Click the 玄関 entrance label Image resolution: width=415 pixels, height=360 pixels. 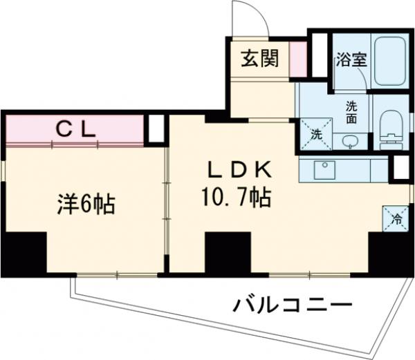pos(260,59)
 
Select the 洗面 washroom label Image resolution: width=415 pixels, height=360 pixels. pos(351,111)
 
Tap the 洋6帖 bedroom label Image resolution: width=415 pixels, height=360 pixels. pos(85,205)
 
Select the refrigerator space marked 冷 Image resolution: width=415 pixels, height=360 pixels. pos(396,219)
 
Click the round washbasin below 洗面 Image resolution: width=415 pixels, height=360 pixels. pos(350,141)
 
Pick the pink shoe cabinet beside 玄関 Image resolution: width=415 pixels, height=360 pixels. pos(297,59)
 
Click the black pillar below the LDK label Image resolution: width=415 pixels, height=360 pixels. pos(227,253)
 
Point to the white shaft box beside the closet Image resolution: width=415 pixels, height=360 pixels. pos(157,129)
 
